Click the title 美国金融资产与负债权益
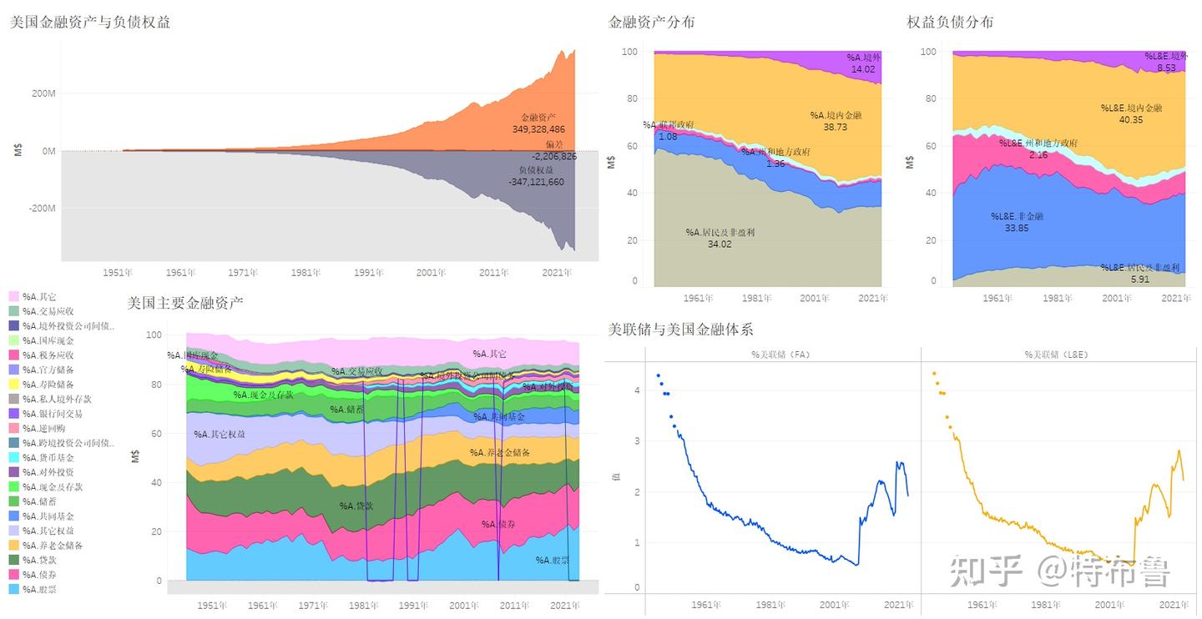[90, 23]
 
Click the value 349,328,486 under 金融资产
[538, 129]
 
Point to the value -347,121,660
[537, 182]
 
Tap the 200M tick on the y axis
[43, 93]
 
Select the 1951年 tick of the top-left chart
[119, 273]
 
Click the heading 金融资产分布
[651, 23]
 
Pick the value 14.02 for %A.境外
[863, 69]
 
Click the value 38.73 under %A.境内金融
[835, 127]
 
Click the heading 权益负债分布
[950, 23]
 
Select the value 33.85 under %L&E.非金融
[1016, 228]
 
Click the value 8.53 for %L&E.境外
[1165, 68]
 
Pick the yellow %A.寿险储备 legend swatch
[14, 385]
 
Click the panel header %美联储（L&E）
[1056, 355]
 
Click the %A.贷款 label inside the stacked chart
[357, 506]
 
